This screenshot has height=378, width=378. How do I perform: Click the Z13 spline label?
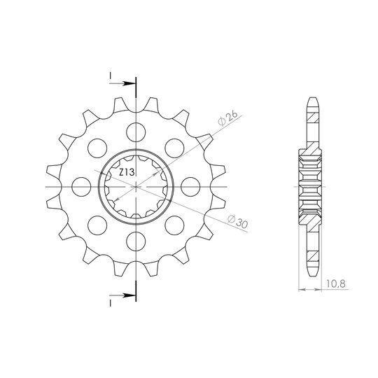click(127, 172)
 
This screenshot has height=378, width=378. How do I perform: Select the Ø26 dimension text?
click(227, 118)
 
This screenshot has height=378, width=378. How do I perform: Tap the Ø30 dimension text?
click(238, 221)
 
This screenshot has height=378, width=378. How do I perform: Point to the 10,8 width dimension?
click(336, 283)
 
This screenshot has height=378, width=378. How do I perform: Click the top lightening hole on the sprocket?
click(136, 132)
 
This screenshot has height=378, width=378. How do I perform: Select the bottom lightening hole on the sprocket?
click(136, 241)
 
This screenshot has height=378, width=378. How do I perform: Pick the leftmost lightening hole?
click(81, 187)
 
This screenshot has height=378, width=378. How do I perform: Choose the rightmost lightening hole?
click(190, 187)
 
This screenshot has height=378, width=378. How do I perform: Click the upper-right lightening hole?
click(174, 148)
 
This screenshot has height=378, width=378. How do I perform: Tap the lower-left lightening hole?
click(97, 225)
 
